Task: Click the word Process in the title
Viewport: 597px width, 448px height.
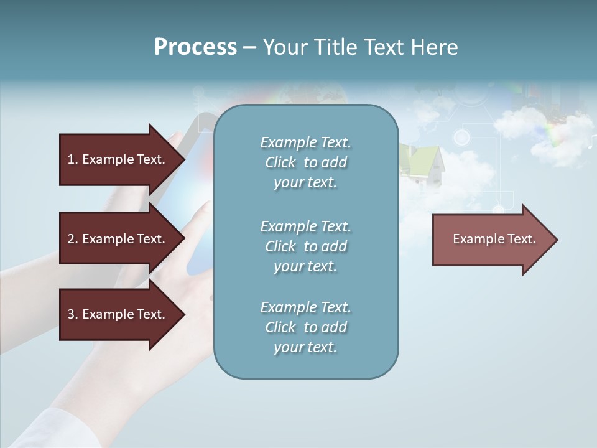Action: pyautogui.click(x=195, y=47)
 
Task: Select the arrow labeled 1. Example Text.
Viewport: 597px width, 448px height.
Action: pyautogui.click(x=118, y=159)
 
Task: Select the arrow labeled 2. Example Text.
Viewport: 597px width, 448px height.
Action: pyautogui.click(x=118, y=239)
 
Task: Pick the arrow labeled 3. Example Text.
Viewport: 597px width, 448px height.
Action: pyautogui.click(x=118, y=314)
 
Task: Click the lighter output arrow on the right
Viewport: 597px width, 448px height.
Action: pyautogui.click(x=491, y=240)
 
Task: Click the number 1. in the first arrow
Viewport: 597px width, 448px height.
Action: pyautogui.click(x=73, y=159)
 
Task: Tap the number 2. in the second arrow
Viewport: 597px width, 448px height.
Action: pyautogui.click(x=73, y=239)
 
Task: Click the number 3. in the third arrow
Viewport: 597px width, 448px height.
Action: pyautogui.click(x=73, y=314)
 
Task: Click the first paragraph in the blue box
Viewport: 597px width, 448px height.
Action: pyautogui.click(x=305, y=162)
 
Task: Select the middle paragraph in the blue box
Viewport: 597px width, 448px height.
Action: pyautogui.click(x=305, y=246)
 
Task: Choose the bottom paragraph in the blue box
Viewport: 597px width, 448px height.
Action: pyautogui.click(x=305, y=327)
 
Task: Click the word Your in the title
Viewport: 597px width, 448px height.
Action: pyautogui.click(x=285, y=47)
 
